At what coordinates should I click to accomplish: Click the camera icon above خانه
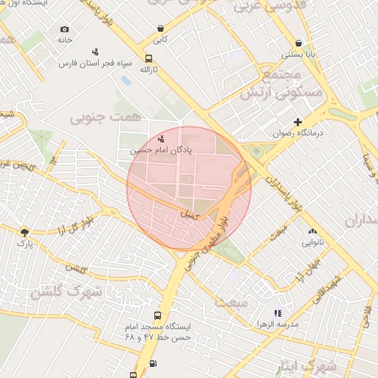coord(64,30)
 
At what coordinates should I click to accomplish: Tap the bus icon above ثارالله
coord(149,59)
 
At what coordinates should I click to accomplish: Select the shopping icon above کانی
coord(160,29)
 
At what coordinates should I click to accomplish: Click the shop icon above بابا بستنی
coord(298,44)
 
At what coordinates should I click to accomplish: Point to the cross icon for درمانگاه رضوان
coord(298,122)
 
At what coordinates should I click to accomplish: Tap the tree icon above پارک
coord(25,232)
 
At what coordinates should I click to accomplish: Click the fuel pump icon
coord(153,362)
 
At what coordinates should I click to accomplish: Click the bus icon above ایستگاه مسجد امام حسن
coord(155,315)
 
